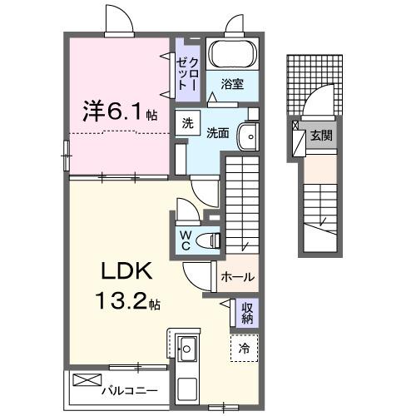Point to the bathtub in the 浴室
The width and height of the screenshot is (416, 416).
pyautogui.click(x=232, y=56)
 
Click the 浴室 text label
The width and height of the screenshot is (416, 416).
pyautogui.click(x=232, y=83)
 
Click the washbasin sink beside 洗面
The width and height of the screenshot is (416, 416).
pyautogui.click(x=246, y=136)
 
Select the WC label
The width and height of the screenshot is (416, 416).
pyautogui.click(x=187, y=240)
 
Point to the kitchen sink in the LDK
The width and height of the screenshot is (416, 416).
pyautogui.click(x=186, y=346)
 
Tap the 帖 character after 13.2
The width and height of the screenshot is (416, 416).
pyautogui.click(x=155, y=305)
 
